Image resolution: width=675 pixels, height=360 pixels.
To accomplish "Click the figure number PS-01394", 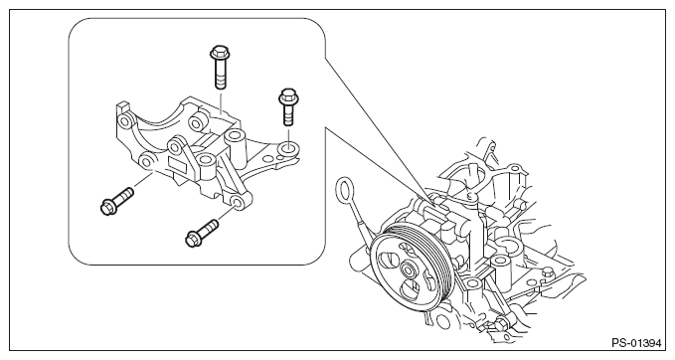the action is click(636, 343).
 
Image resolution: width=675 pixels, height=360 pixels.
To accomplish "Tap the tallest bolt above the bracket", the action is click(220, 68).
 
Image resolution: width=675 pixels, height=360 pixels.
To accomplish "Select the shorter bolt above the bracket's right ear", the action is click(287, 106).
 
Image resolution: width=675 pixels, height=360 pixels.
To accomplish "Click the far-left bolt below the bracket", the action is click(116, 201).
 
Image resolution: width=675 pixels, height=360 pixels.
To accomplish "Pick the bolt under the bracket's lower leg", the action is click(202, 233).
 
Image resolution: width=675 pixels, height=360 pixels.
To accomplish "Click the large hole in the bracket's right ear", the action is click(288, 149).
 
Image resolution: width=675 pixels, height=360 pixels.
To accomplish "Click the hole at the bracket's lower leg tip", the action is click(237, 202).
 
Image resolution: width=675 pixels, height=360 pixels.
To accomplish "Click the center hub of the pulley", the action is click(407, 270).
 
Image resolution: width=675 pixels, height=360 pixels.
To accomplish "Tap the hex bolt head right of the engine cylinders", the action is click(547, 272).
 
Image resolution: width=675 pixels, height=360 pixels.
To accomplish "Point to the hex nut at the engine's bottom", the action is click(500, 324).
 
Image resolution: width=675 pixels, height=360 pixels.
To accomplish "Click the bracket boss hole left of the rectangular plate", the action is click(147, 162).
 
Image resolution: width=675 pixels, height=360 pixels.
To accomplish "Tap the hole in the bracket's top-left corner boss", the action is click(124, 119).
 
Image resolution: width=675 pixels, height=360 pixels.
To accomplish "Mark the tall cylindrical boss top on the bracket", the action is click(235, 138).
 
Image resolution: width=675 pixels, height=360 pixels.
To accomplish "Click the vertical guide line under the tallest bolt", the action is click(221, 101).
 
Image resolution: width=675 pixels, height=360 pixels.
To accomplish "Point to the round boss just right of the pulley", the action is click(472, 282).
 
